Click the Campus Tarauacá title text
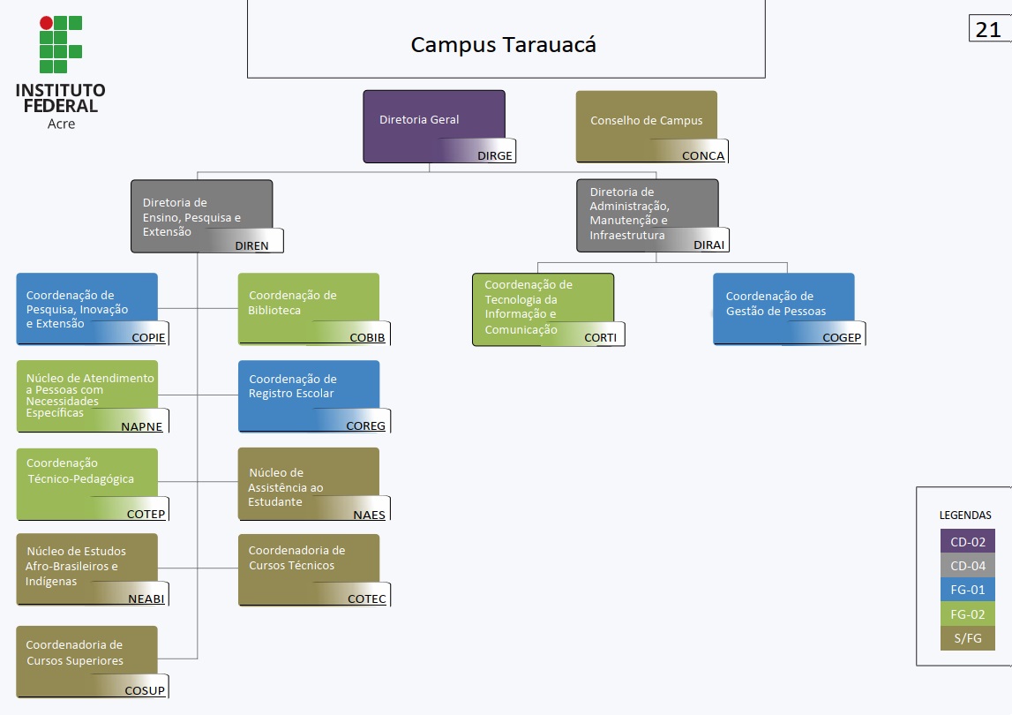point(504,45)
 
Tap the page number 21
point(988,29)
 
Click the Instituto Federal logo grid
point(60,44)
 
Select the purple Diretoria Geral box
point(433,125)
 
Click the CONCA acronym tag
point(702,156)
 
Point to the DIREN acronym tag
point(251,245)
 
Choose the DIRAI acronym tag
point(708,245)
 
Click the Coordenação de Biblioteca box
point(308,307)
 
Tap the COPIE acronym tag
point(148,337)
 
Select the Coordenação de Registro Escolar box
point(308,395)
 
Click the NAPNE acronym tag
point(141,425)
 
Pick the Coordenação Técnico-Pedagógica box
point(86,483)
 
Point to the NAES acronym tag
point(369,515)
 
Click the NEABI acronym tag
point(146,598)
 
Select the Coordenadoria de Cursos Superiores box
point(86,660)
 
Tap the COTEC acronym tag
point(366,599)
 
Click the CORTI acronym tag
point(600,337)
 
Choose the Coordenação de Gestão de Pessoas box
point(783,307)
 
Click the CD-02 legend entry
point(967,542)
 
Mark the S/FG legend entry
point(967,638)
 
